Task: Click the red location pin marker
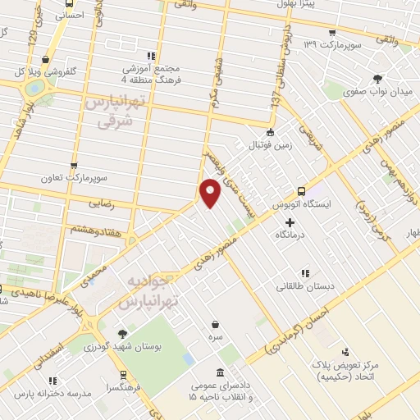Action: click(211, 192)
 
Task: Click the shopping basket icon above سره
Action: click(215, 324)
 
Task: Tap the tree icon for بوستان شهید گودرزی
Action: click(122, 334)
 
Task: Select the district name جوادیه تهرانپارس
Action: click(149, 292)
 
